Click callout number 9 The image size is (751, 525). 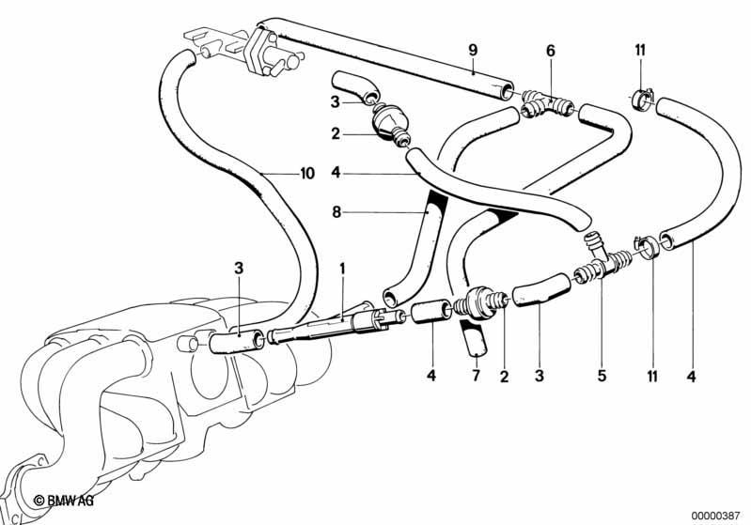tap(473, 50)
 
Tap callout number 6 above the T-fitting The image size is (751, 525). tap(550, 51)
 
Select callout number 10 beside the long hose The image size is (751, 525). tap(307, 173)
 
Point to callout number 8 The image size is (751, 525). tap(336, 212)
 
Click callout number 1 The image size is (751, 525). tap(342, 269)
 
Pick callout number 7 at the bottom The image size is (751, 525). tap(476, 376)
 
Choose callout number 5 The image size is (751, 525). tap(602, 376)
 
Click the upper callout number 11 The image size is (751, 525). tap(640, 51)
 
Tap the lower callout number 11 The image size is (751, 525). tap(652, 377)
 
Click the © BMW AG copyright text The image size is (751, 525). tap(64, 501)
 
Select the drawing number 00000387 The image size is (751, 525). tap(715, 516)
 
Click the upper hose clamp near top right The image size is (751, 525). tap(641, 98)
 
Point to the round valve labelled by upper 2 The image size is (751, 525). tap(389, 123)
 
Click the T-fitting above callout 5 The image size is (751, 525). tap(604, 258)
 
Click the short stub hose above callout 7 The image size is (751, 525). tap(473, 339)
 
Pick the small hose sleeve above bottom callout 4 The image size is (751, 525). tap(430, 311)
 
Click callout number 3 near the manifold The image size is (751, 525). tap(239, 270)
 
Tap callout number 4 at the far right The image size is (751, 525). tap(691, 377)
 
